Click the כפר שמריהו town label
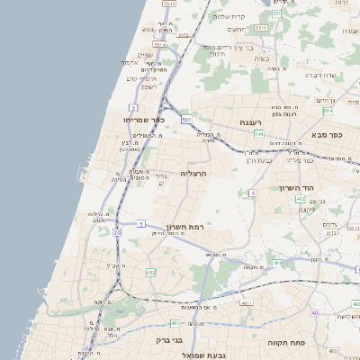click(x=146, y=120)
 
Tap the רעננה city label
click(x=249, y=121)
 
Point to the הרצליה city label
click(x=193, y=173)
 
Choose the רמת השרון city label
click(x=186, y=227)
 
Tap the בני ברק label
click(x=171, y=341)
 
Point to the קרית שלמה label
click(x=229, y=16)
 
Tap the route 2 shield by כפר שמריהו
click(x=133, y=107)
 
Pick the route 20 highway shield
click(x=117, y=232)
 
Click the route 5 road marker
click(x=140, y=222)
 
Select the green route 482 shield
click(x=151, y=271)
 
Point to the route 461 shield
click(x=277, y=263)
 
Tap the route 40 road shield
click(x=314, y=312)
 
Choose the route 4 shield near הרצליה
click(x=254, y=193)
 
